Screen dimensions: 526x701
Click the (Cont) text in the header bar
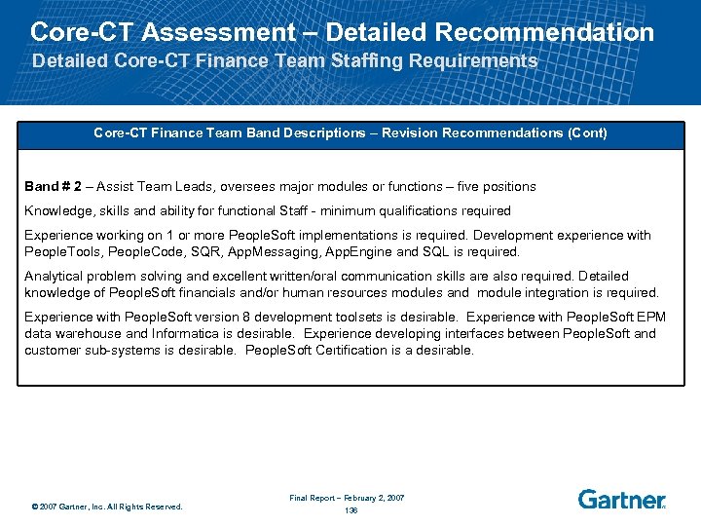(586, 132)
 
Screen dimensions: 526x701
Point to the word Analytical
(55, 277)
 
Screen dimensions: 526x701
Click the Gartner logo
(621, 499)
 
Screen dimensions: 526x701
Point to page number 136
(350, 510)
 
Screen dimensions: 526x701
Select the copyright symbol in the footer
(34, 507)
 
